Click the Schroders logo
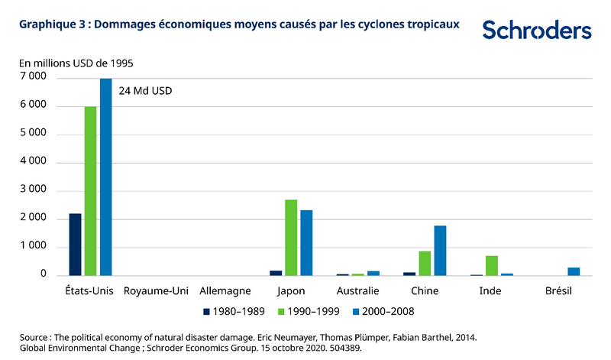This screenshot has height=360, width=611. point(536,31)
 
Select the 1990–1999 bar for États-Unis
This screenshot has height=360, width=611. point(90,190)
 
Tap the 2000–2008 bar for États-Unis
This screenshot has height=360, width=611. point(105,177)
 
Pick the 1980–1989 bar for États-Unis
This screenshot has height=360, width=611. point(75,244)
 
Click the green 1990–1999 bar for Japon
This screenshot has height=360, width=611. point(291,237)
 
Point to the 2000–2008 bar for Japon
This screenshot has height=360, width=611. point(306,242)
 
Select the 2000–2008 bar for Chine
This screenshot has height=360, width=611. point(440,250)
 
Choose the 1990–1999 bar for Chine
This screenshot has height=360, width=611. point(425,263)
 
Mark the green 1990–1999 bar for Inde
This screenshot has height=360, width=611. point(492,265)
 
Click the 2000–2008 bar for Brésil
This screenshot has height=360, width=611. point(574,271)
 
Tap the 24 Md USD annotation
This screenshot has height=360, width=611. point(146,90)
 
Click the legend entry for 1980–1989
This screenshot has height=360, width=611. point(234,311)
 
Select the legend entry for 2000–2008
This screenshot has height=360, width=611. point(381,311)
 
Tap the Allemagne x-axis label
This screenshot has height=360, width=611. point(224,291)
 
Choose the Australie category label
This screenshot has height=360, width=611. point(357,291)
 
